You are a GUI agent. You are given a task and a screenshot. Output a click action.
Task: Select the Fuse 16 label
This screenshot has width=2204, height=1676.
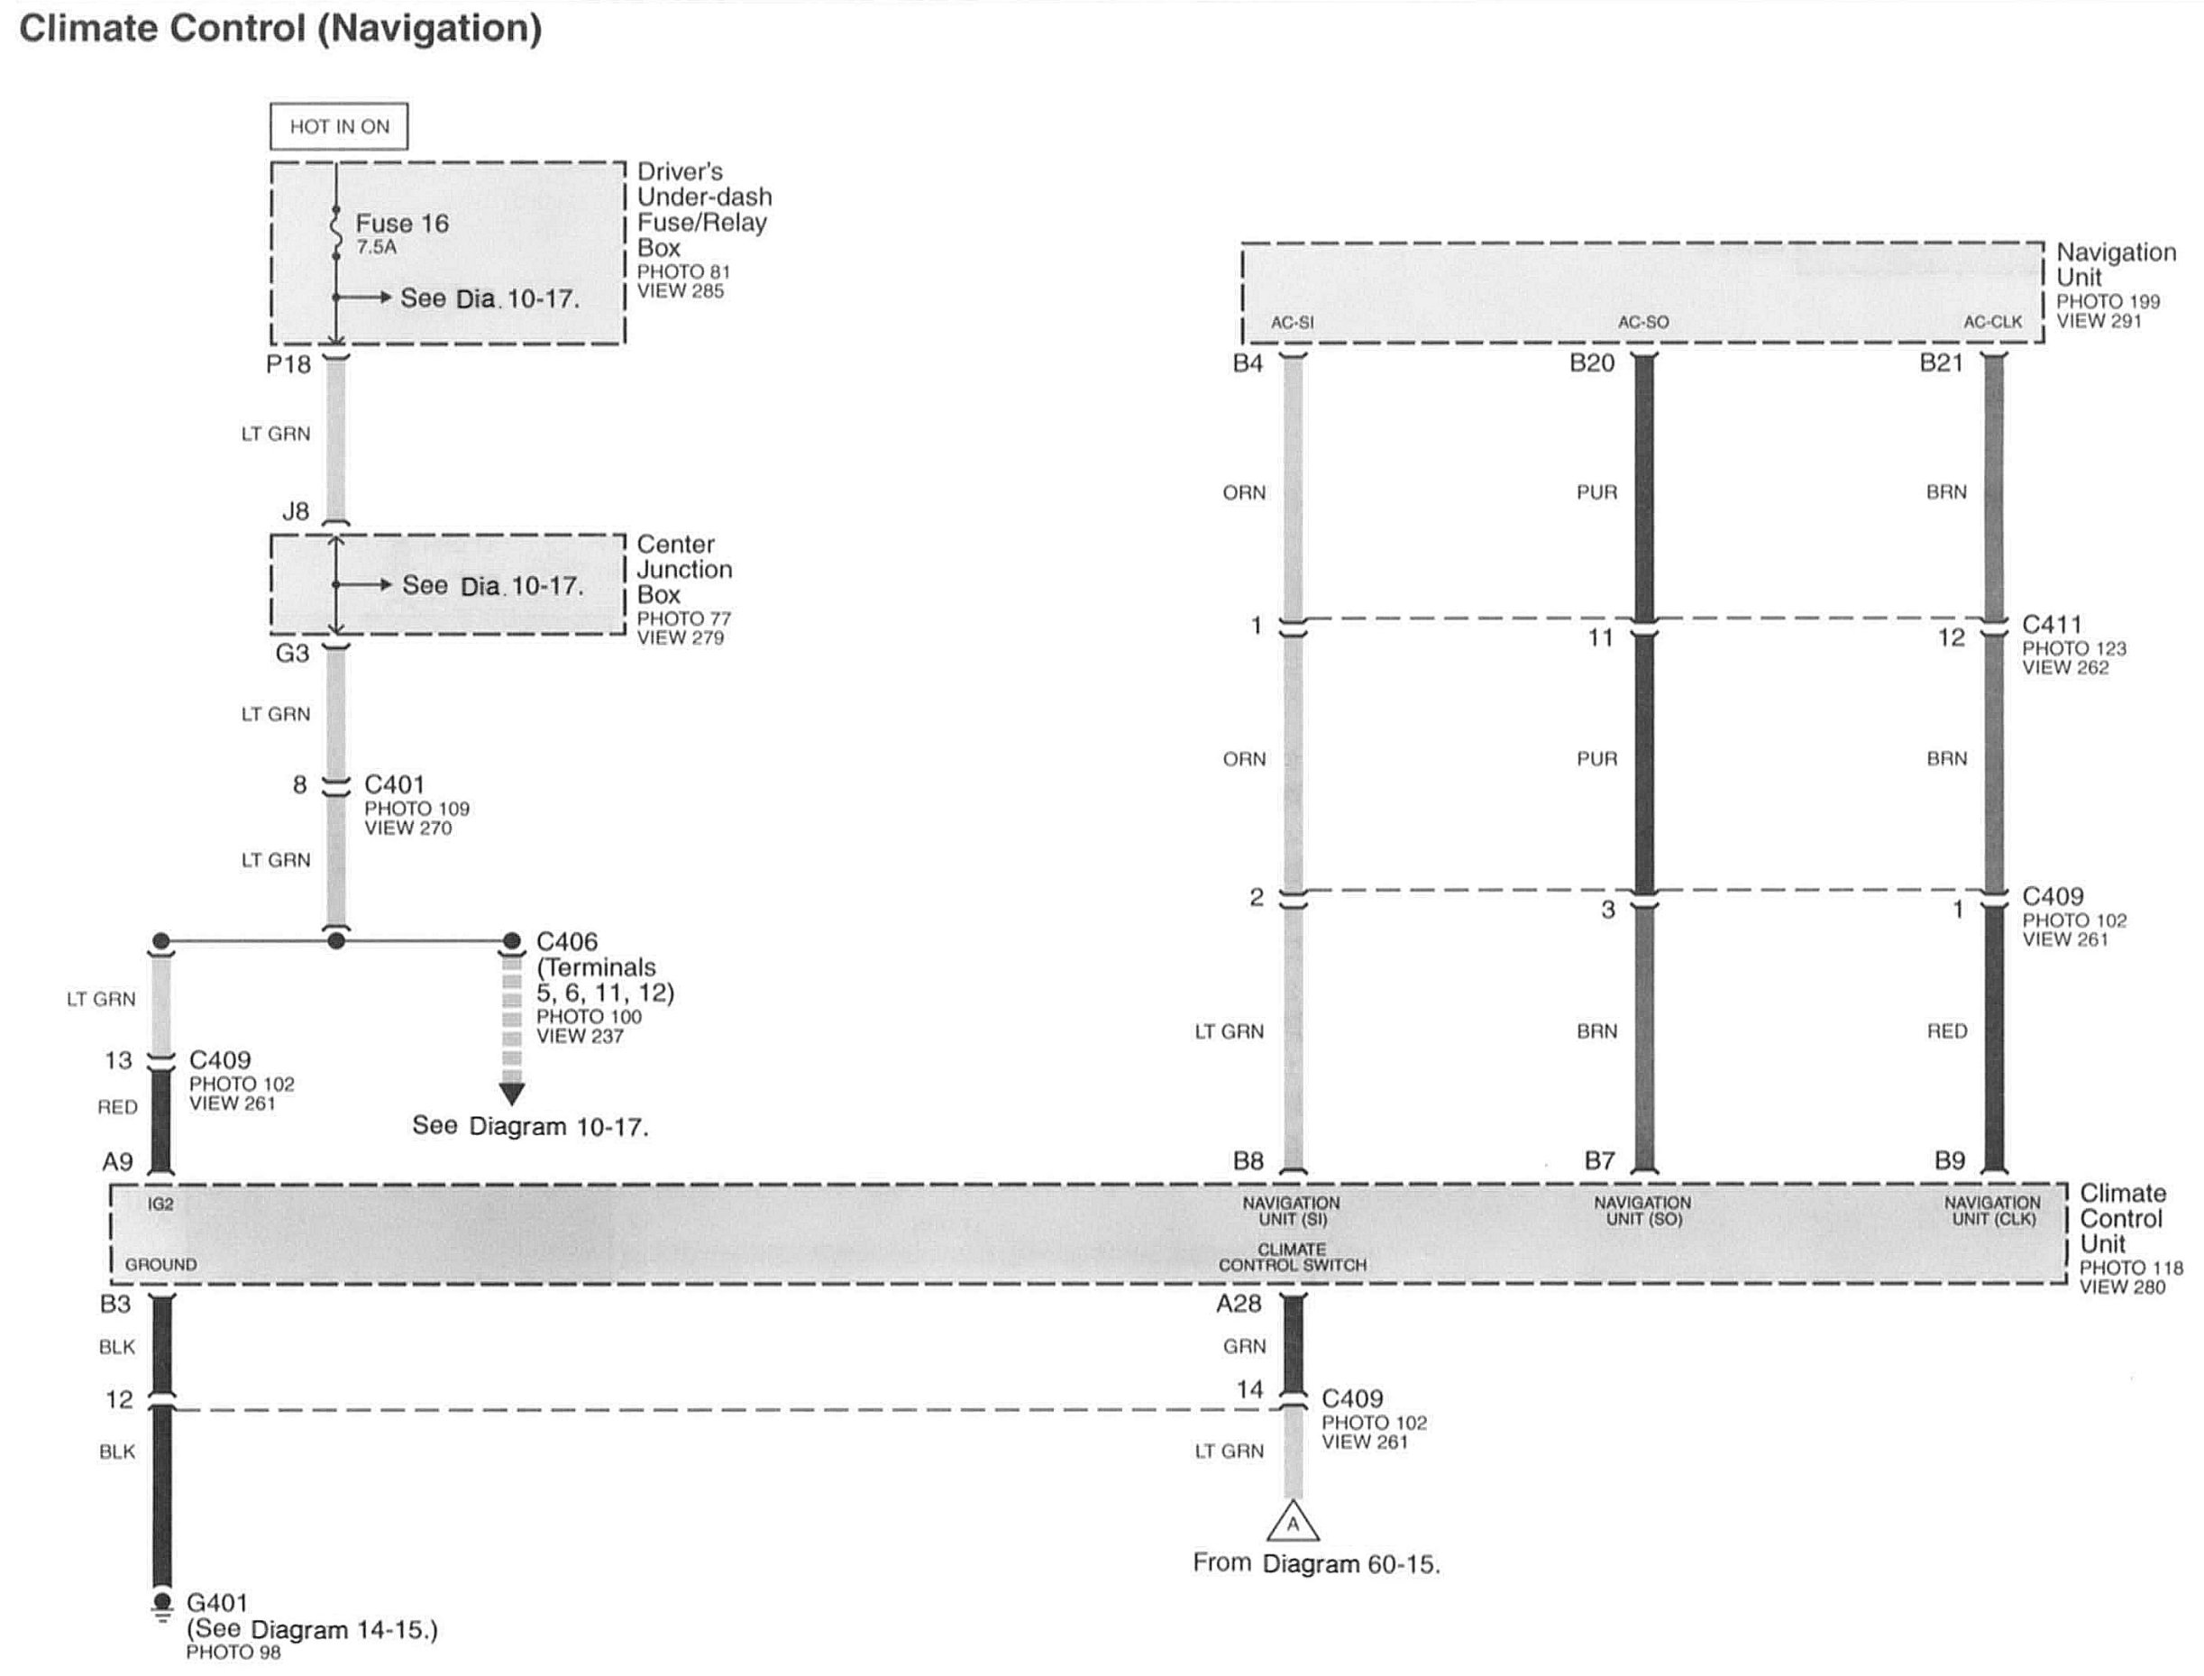402,224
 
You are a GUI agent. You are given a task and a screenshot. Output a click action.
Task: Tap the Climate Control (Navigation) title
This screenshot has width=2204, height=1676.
280,28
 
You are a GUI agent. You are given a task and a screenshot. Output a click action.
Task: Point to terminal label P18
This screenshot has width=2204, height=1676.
288,365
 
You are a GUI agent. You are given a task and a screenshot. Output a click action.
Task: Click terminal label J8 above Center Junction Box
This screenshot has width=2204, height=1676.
295,512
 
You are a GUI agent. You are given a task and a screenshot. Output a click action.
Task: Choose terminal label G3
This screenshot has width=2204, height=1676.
292,654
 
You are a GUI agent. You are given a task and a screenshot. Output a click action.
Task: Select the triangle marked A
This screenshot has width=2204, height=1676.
1293,1524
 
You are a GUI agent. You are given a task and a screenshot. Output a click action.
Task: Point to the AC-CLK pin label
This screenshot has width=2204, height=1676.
1992,322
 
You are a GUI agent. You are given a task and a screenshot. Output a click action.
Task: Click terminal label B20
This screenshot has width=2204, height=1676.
1592,363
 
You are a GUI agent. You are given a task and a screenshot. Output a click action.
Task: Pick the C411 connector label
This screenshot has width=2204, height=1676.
2052,625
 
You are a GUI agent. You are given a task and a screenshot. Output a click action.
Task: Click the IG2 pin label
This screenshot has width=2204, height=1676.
160,1204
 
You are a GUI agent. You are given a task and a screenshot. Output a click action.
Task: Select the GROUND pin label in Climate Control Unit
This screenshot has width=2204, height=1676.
160,1265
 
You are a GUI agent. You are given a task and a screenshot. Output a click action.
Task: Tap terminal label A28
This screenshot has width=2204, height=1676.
1239,1304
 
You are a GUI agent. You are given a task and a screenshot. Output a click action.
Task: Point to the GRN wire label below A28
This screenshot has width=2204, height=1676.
1245,1347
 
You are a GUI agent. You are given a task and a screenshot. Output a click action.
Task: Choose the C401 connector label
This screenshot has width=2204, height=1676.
394,785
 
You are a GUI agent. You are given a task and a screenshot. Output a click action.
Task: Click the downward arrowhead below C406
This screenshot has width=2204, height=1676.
512,1094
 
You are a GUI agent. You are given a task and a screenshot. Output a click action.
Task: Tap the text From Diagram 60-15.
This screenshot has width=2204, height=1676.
1316,1564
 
